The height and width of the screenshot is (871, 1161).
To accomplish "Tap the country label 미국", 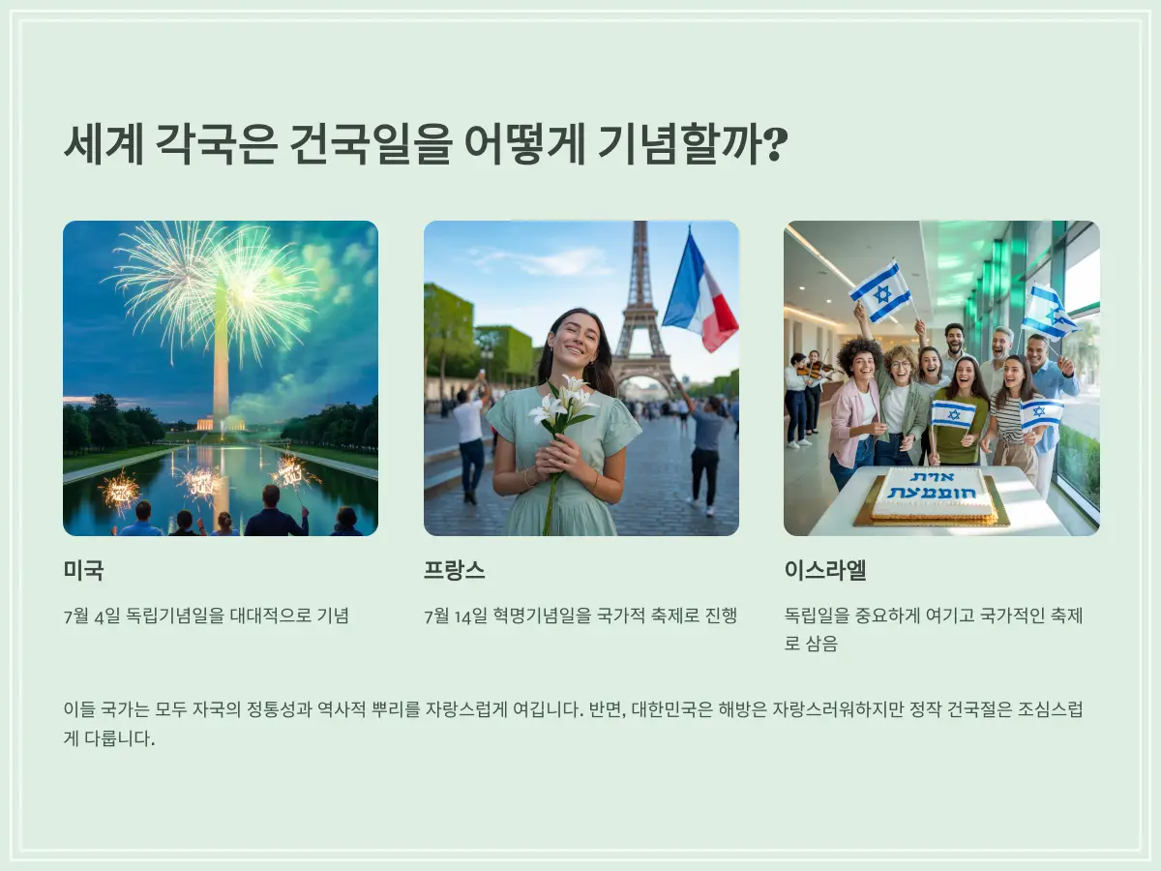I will (x=83, y=570).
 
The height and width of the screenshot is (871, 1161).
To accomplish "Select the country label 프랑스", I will (x=454, y=570).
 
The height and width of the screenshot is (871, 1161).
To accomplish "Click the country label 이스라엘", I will (x=825, y=570).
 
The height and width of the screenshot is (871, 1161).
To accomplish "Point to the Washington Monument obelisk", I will (x=221, y=358).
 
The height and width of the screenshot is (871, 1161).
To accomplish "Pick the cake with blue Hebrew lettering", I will (x=931, y=496).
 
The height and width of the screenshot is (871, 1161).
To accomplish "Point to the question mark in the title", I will (x=773, y=145).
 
